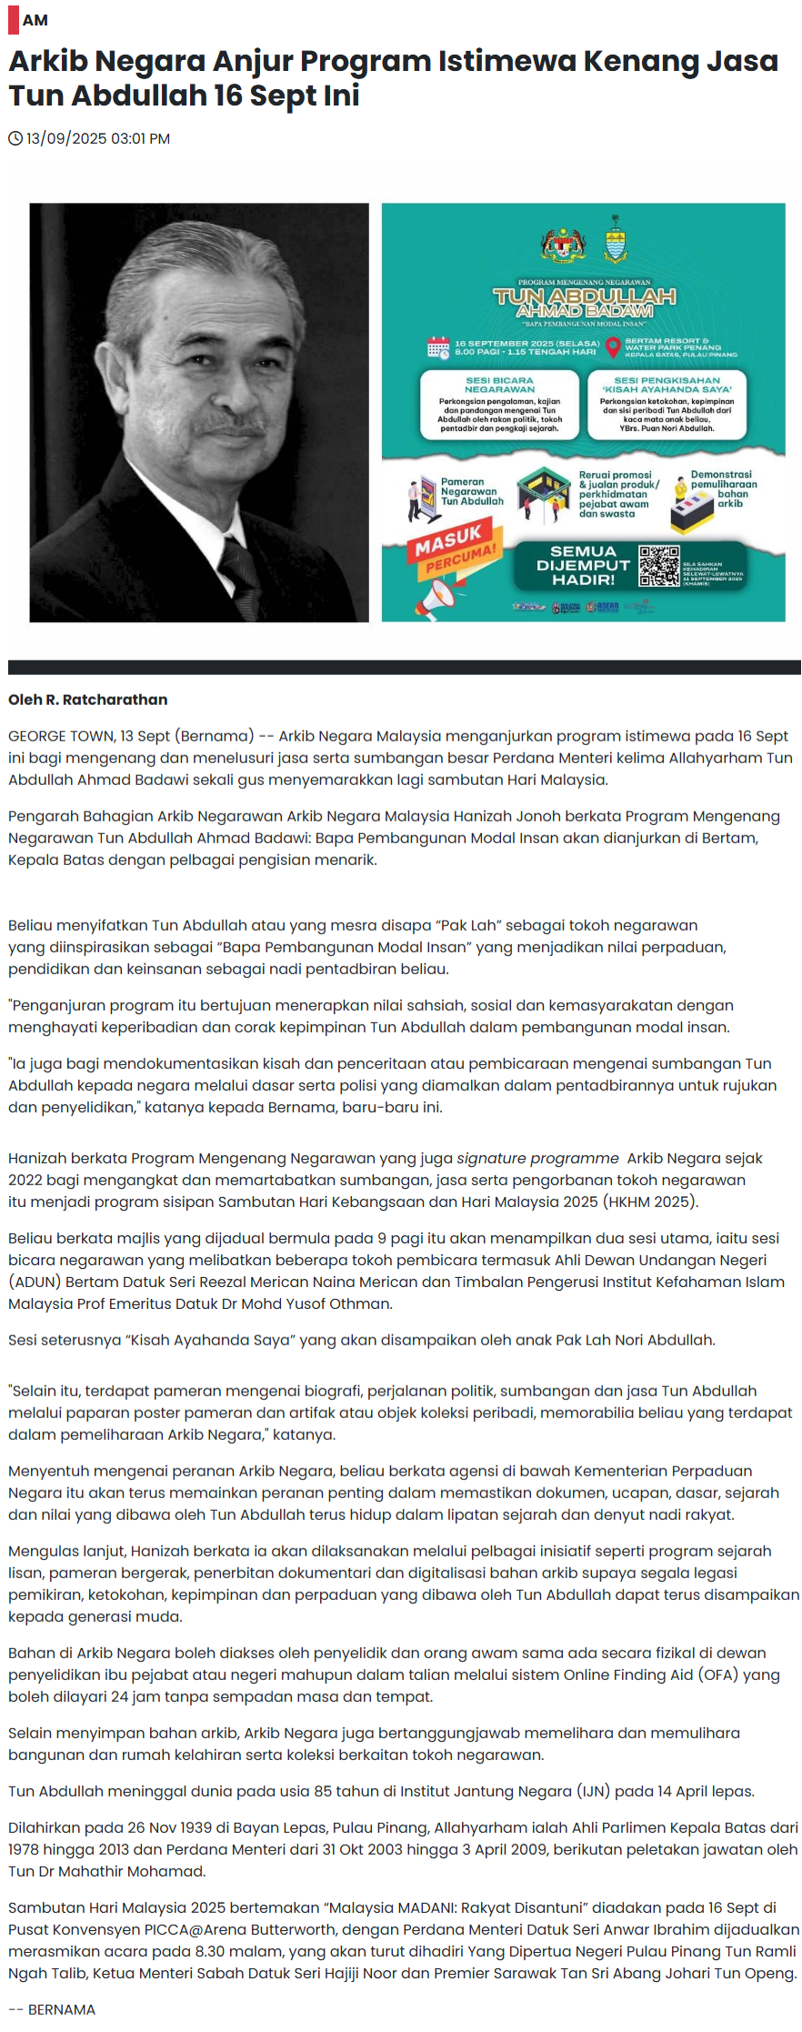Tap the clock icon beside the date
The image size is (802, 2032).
pyautogui.click(x=15, y=139)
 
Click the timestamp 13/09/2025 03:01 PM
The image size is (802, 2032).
pyautogui.click(x=98, y=139)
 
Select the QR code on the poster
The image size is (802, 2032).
pyautogui.click(x=658, y=566)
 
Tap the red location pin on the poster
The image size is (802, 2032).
pyautogui.click(x=613, y=347)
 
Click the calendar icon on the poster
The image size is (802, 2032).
pyautogui.click(x=438, y=347)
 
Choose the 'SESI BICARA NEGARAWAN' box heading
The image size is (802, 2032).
pyautogui.click(x=499, y=385)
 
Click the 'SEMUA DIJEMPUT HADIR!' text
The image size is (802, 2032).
pyautogui.click(x=583, y=566)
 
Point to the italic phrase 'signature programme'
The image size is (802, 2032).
pyautogui.click(x=537, y=1158)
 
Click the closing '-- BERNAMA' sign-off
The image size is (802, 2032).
pyautogui.click(x=52, y=2009)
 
